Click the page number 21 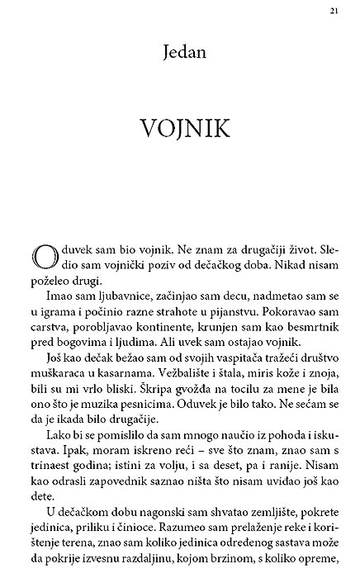[331, 10]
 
